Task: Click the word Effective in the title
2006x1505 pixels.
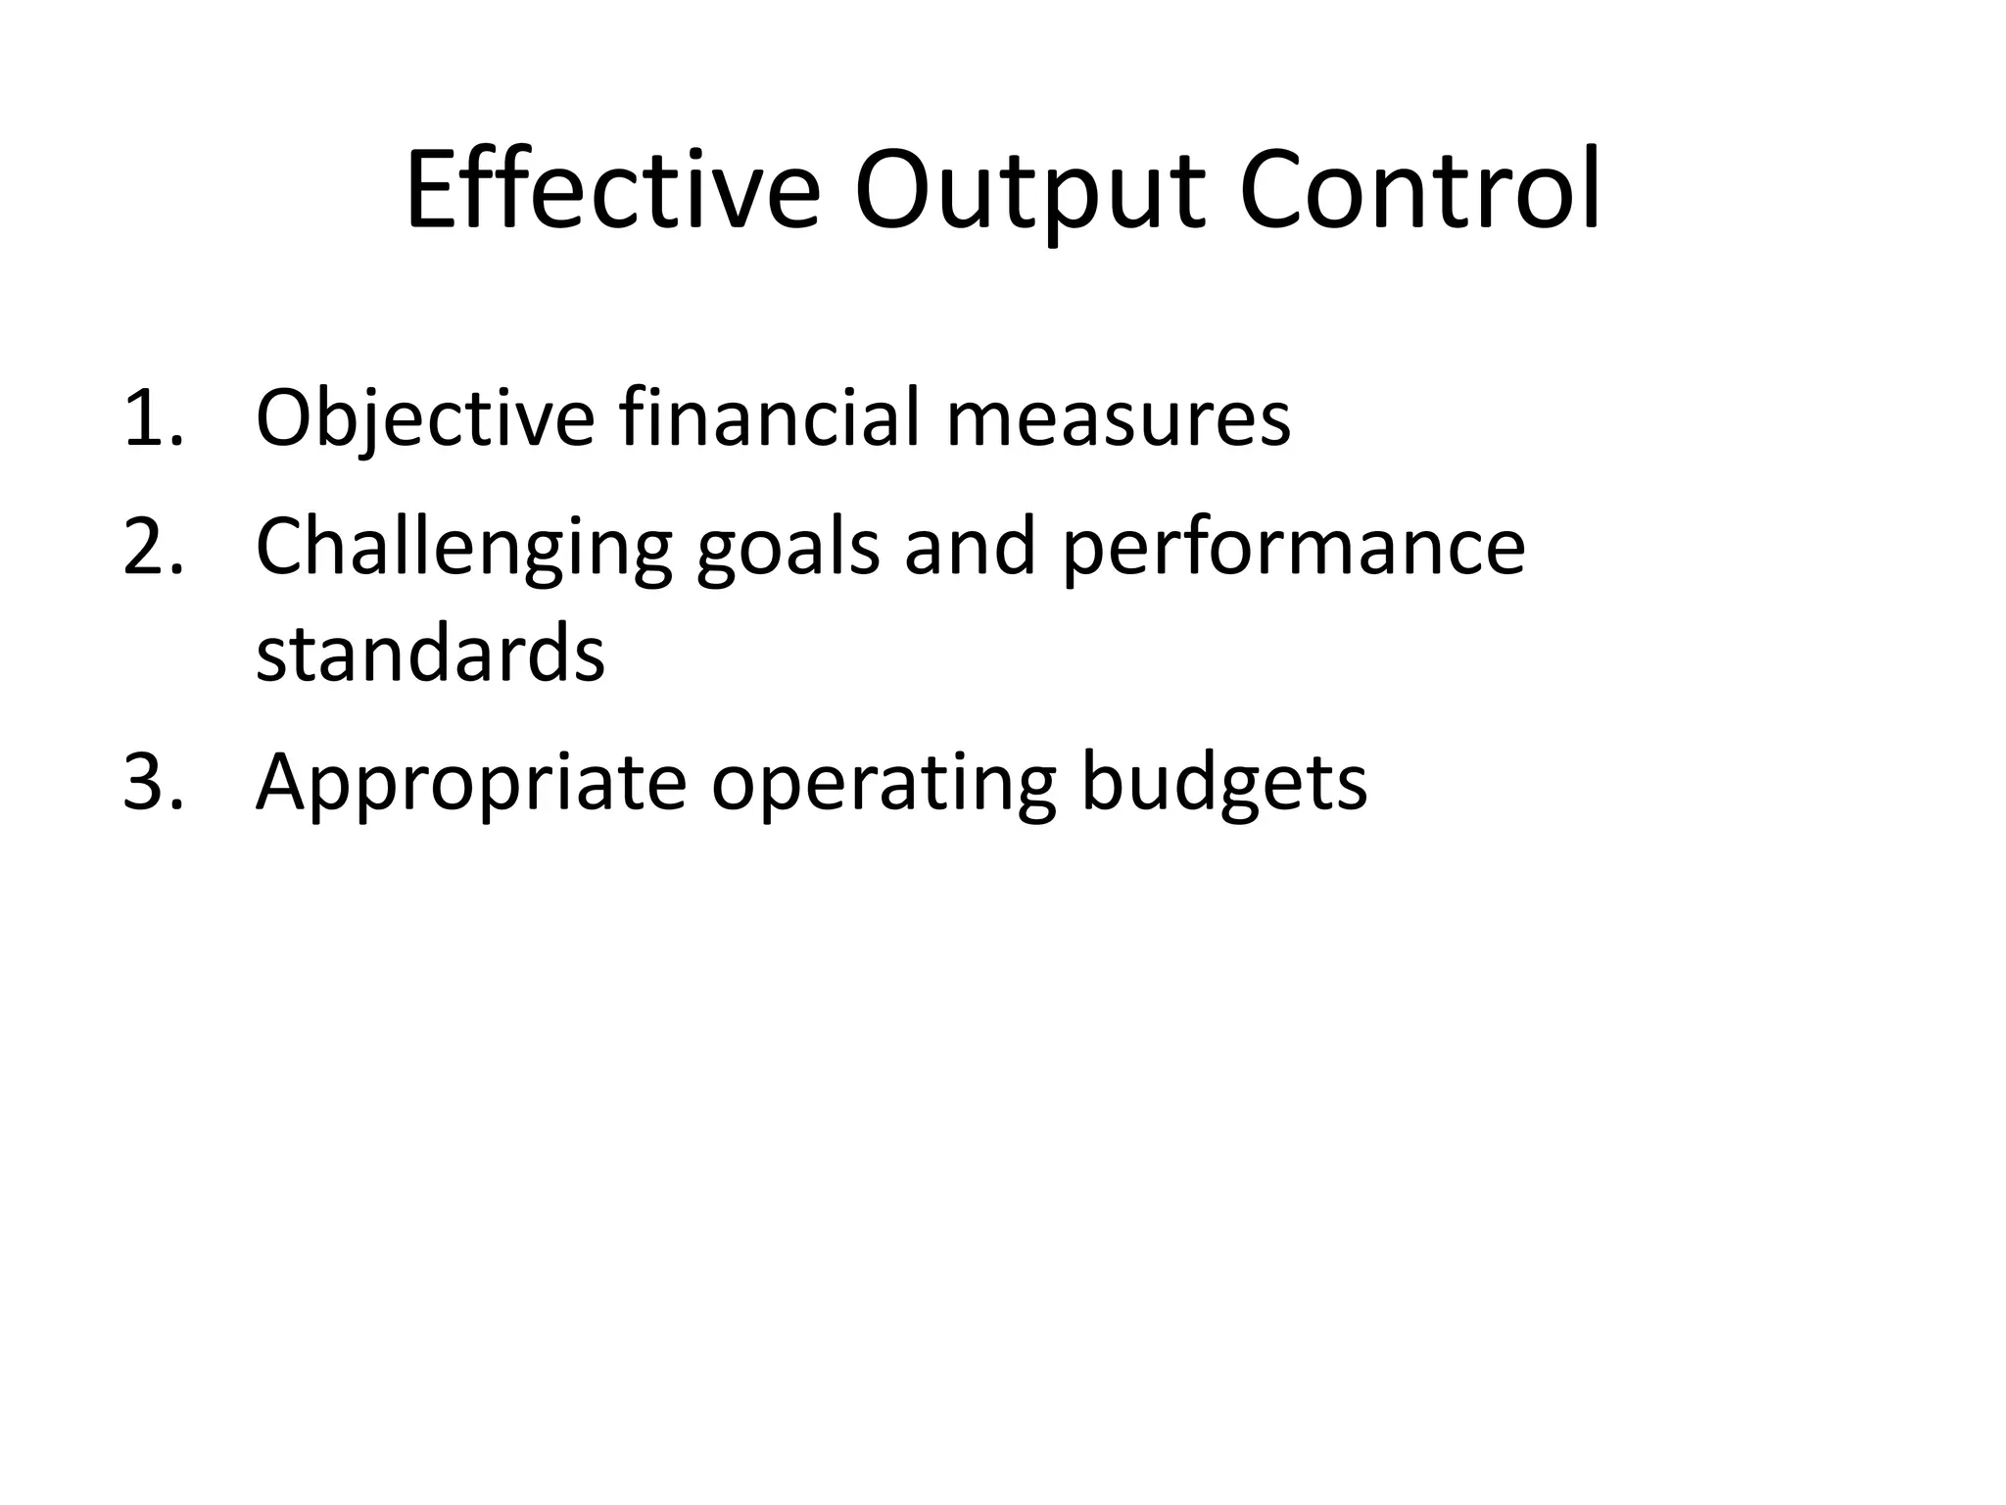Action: coord(612,190)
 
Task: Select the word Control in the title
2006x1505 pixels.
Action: coord(1420,190)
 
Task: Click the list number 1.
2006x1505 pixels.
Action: coord(152,419)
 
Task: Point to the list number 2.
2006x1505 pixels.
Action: coord(152,547)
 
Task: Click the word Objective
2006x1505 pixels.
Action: coord(424,419)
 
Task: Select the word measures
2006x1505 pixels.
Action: coord(1118,419)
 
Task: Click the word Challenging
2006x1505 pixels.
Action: coord(463,547)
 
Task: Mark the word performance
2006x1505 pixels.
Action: coord(1293,547)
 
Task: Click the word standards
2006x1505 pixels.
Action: coord(430,655)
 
